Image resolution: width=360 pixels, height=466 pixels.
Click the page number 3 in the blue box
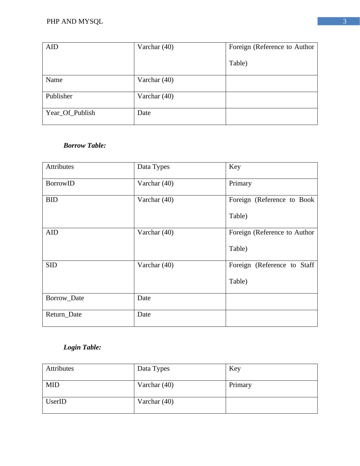point(344,21)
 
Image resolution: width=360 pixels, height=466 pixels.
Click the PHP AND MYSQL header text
point(75,21)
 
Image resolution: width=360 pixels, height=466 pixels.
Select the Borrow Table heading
point(85,146)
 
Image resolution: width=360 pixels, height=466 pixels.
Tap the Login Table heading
point(82,347)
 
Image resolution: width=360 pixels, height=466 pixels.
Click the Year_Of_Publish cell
point(70,113)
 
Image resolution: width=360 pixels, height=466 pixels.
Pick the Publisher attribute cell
point(59,96)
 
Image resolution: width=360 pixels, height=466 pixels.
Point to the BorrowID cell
point(60,183)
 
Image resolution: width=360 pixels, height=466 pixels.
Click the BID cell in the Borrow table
point(52,200)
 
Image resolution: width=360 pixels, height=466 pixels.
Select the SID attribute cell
point(51,265)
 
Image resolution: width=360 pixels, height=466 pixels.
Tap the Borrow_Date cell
point(65,298)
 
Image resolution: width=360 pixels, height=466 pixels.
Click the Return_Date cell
point(64,314)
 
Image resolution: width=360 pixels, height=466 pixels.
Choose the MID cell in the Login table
point(53,385)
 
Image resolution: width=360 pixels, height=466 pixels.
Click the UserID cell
point(56,402)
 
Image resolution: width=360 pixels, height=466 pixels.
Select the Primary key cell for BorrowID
point(240,183)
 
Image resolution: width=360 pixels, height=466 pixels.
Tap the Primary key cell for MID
point(240,385)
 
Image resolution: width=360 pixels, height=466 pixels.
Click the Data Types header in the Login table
point(153,369)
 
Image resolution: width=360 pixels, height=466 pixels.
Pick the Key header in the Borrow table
point(235,167)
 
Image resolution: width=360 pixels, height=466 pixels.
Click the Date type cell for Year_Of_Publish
point(144,113)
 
